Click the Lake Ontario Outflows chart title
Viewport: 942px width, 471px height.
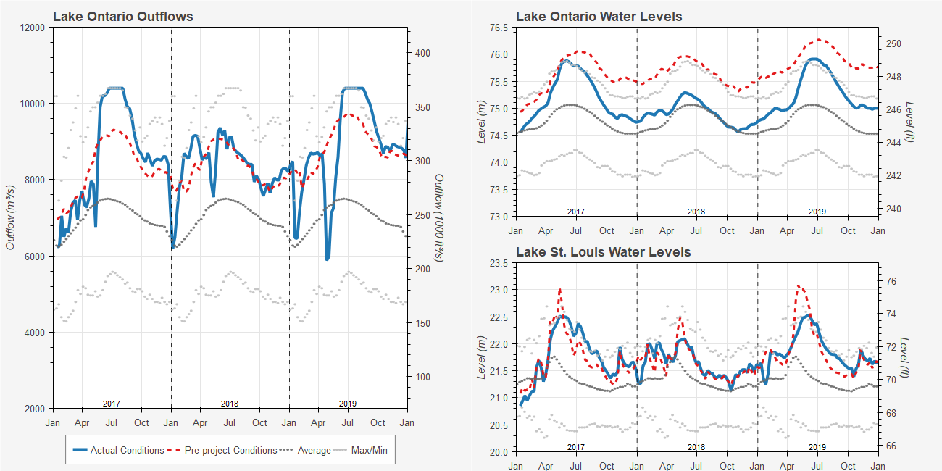[122, 16]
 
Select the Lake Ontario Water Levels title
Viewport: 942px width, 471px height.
[599, 16]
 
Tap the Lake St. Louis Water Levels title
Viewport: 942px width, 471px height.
[603, 252]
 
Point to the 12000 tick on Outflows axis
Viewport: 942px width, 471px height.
[33, 28]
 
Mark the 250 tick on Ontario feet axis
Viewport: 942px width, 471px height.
[893, 43]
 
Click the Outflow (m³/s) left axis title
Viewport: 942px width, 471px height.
[10, 217]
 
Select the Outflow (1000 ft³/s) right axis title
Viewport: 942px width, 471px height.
[439, 217]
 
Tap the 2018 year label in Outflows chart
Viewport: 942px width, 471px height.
[230, 404]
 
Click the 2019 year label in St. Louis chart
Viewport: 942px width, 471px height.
[817, 447]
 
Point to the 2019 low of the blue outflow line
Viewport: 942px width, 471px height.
[328, 258]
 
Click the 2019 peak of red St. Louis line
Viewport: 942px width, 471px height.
[799, 285]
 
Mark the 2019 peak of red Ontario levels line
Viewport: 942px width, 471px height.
[819, 39]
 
